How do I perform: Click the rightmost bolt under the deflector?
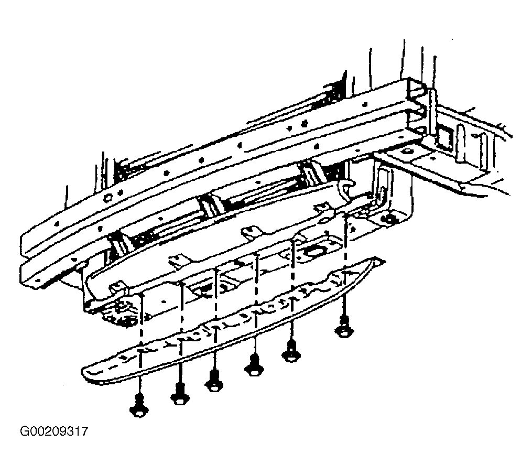point(344,327)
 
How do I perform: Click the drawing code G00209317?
point(55,431)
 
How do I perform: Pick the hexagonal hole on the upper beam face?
point(108,197)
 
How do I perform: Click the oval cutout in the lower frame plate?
point(312,252)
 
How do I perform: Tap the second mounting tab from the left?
point(178,262)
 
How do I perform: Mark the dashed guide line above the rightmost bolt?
point(345,265)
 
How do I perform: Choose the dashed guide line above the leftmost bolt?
point(141,344)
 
